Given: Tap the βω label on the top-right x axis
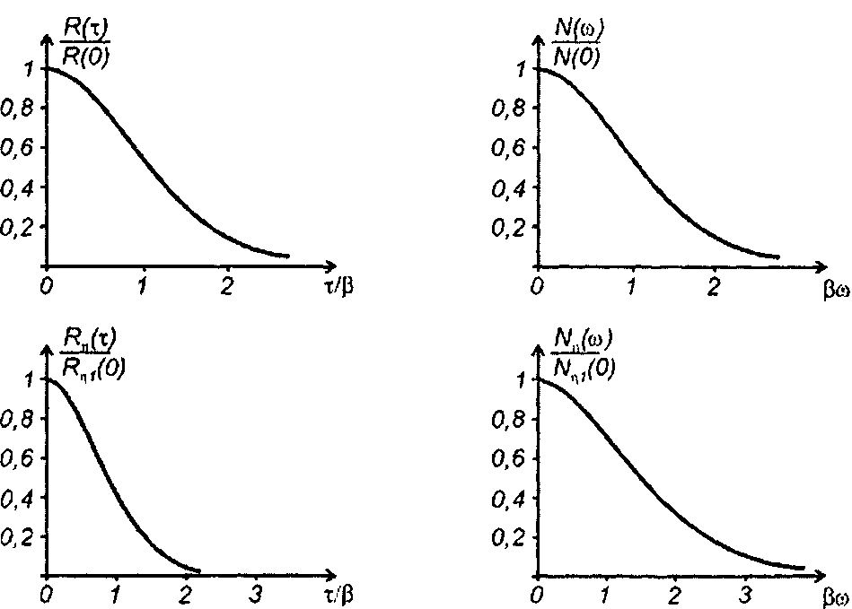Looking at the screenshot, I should click(834, 289).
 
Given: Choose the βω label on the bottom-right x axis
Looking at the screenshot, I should click(834, 596).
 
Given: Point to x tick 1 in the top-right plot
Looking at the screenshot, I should click(632, 286).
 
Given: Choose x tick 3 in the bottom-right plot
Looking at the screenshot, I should click(743, 594).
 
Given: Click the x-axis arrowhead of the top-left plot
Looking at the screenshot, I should click(330, 266).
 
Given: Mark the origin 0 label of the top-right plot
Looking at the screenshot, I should click(536, 286).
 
